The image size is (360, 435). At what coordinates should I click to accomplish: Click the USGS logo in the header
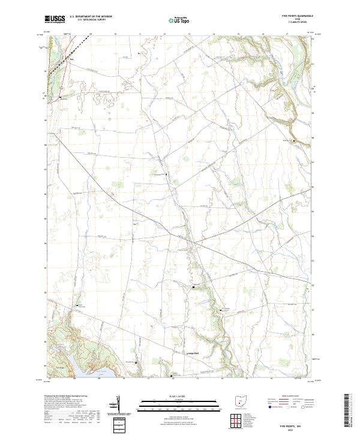(55, 19)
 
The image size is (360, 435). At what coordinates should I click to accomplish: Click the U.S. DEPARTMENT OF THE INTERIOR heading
(90, 17)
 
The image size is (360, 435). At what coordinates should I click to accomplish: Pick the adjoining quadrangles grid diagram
(240, 420)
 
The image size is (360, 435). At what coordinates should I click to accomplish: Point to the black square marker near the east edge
(294, 140)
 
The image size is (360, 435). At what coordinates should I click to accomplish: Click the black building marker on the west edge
(60, 97)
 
